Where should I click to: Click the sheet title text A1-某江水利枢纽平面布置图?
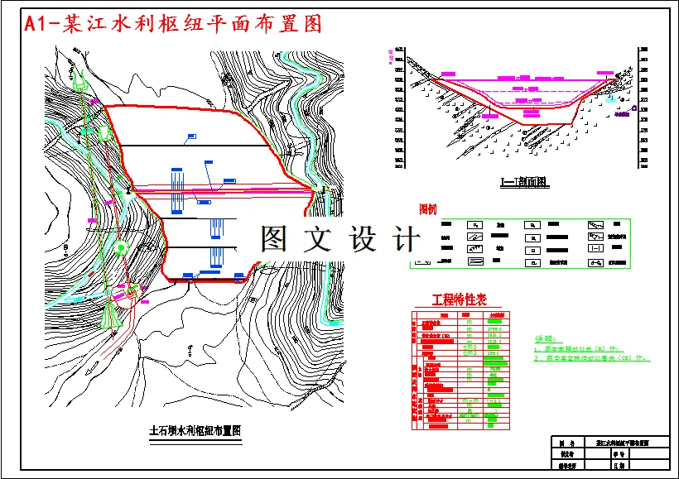[173, 24]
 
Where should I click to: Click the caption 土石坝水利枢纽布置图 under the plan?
[194, 430]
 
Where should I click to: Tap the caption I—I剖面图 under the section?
[524, 182]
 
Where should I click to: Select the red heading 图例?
[427, 208]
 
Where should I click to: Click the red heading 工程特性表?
[458, 299]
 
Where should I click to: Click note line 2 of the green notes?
[593, 359]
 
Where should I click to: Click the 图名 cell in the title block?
[567, 443]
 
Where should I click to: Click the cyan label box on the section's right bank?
[611, 99]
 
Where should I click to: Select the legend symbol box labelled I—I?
[595, 247]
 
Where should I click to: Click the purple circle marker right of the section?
[634, 108]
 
